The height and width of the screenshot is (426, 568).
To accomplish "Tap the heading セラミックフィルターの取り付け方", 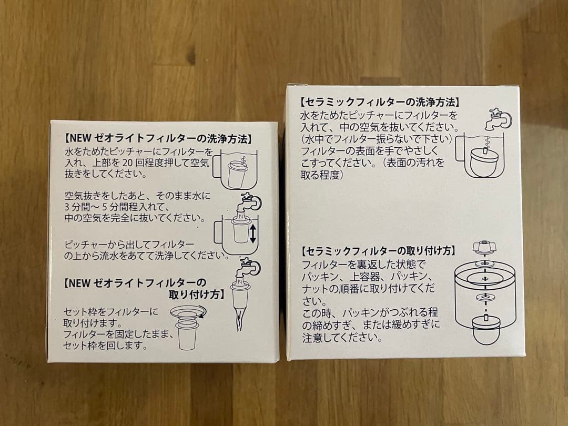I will pos(379,251).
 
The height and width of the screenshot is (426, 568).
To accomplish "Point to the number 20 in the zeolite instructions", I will pos(132,163).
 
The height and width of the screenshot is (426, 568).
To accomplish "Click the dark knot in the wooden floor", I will pos(190,54).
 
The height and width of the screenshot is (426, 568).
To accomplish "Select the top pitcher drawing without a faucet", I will pos(236,168).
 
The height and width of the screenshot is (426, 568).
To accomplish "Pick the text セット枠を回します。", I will pos(105,346).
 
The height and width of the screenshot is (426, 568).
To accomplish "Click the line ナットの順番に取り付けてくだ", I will pos(369,289).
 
